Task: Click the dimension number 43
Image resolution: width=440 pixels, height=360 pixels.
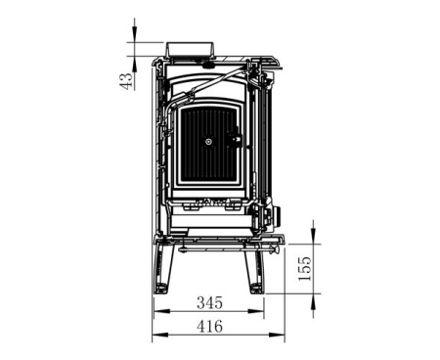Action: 126,81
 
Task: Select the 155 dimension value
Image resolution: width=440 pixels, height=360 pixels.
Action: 305,268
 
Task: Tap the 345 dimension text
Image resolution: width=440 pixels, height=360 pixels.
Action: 210,303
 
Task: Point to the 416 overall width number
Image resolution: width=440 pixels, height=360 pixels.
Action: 210,327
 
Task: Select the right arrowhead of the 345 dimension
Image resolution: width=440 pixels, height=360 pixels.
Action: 256,311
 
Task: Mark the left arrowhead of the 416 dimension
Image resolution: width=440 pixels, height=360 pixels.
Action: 160,335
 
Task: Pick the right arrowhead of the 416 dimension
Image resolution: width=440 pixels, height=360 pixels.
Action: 277,335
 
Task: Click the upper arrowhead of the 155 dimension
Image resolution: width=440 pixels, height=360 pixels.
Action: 313,236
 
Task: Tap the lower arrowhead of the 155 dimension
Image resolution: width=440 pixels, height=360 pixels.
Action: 313,301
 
